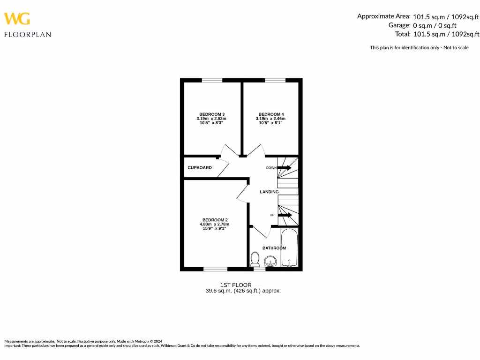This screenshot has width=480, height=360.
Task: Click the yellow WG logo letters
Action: point(17,19)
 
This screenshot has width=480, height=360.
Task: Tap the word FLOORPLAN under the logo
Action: point(28,34)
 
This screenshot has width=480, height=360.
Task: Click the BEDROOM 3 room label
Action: point(212,114)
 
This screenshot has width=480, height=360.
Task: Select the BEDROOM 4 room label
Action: point(271,114)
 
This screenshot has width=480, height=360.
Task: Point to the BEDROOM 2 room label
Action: point(215,220)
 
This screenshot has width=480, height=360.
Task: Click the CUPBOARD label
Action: point(200,168)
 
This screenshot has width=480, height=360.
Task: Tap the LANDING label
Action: point(269,192)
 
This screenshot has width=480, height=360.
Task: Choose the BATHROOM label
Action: point(274,248)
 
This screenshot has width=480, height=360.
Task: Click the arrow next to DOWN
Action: point(284,167)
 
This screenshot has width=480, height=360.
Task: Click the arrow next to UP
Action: point(285,215)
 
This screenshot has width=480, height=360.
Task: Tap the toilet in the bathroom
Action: point(255,258)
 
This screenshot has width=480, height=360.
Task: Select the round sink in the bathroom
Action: point(270,261)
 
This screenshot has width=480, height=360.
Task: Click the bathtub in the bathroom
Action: point(289,247)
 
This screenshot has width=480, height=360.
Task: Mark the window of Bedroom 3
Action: point(212,81)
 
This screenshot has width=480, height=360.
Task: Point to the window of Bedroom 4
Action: point(275,81)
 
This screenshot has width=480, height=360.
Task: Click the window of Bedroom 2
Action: point(215,269)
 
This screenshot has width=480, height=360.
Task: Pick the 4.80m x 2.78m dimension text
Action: point(214,225)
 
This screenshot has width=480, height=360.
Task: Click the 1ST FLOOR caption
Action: point(236,285)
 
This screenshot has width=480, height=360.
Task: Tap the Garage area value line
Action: point(422,25)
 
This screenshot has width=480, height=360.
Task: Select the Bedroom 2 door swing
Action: point(243,193)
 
